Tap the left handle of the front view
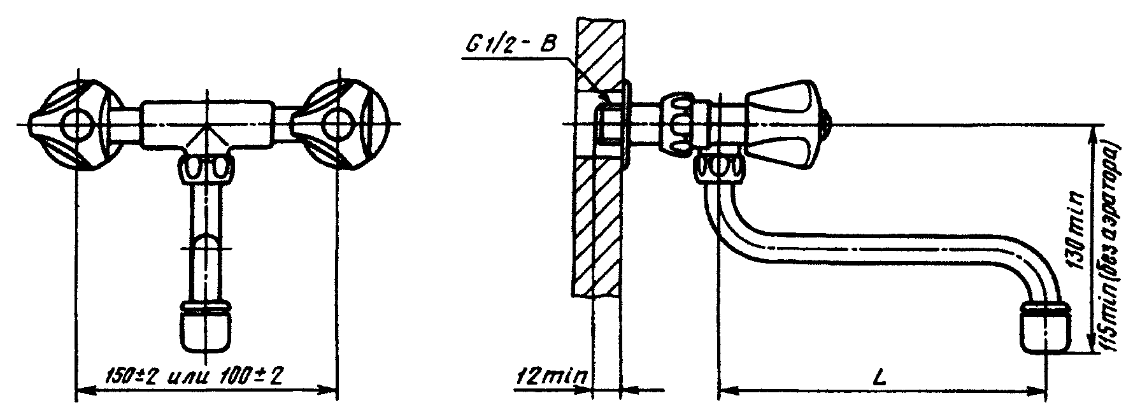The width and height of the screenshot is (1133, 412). [76, 124]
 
